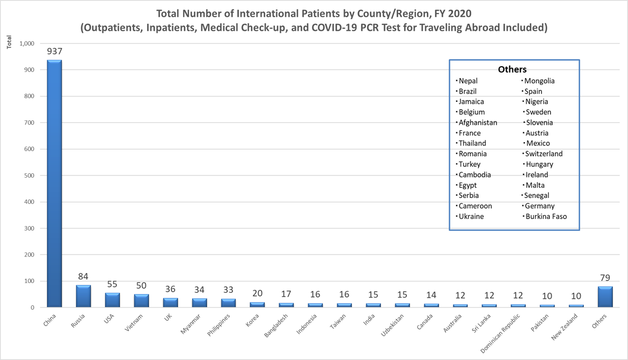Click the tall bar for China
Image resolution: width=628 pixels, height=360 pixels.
pos(54,183)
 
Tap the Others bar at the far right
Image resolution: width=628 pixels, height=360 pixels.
pos(605,297)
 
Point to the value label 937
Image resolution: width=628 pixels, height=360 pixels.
pos(54,52)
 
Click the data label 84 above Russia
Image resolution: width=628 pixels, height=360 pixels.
pos(83,277)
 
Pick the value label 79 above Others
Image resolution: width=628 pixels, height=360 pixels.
pos(605,278)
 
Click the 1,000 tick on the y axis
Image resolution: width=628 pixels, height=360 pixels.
pos(26,44)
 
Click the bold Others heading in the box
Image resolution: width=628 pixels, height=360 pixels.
pos(512,69)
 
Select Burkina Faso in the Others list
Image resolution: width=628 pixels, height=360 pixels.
pos(546,217)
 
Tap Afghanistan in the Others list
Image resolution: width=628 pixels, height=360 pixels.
pos(478,123)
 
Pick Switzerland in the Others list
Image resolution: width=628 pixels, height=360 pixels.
pos(544,154)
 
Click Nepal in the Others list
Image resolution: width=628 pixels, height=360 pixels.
pos(468,81)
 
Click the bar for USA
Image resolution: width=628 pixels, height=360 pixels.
pos(112,300)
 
